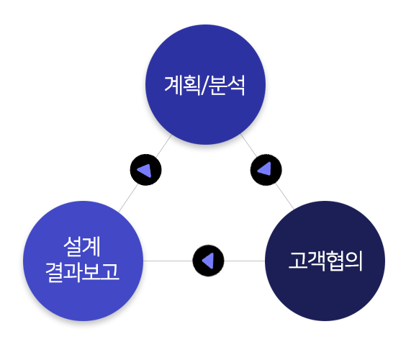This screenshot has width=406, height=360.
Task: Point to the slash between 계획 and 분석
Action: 205,86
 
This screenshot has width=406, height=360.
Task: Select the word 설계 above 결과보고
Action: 82,246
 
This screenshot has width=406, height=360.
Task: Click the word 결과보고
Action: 82,272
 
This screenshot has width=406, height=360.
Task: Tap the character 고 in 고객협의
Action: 298,261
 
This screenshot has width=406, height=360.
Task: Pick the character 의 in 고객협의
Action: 353,261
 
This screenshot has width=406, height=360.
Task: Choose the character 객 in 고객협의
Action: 317,261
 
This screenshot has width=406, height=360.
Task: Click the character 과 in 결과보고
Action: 73,272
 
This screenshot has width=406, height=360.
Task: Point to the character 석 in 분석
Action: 236,85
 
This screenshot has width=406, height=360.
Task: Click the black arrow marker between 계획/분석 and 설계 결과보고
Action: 146,170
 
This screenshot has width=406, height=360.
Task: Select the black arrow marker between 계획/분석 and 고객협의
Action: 266,170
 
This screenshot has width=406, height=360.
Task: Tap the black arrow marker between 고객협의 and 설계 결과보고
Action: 208,261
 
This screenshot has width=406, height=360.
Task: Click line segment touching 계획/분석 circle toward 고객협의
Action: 249,145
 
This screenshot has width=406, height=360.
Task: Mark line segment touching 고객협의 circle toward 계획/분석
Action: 284,197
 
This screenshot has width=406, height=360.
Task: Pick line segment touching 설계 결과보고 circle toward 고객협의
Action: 168,261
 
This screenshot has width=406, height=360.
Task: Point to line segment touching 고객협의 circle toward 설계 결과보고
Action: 245,261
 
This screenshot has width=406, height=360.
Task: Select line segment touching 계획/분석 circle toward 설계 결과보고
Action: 163,146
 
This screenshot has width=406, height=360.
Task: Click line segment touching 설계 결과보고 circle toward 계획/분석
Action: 128,198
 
